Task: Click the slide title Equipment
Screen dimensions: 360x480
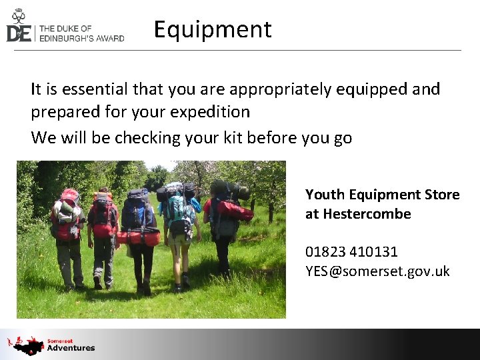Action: [213, 30]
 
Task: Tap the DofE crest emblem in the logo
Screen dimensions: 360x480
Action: [18, 15]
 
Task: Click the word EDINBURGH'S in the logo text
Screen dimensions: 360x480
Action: [72, 38]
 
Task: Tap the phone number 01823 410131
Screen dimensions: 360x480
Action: [351, 252]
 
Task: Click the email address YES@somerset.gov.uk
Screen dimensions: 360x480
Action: [377, 271]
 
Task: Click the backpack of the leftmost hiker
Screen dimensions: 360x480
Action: [67, 215]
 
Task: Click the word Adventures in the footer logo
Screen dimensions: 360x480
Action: [71, 348]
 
